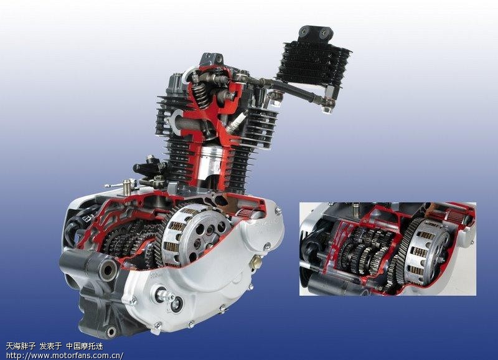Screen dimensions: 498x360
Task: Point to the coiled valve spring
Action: [200, 92]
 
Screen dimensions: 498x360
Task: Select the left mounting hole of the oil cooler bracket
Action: [304, 31]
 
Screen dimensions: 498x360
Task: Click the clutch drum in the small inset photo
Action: [427, 251]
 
